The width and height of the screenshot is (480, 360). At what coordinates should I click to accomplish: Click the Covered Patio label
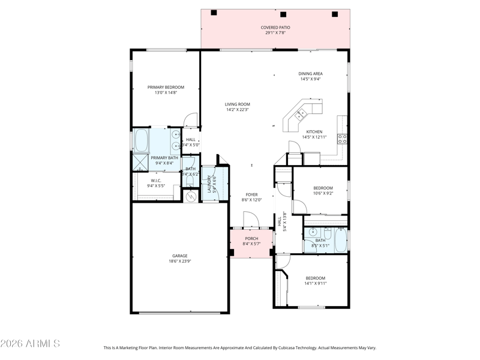point(275,28)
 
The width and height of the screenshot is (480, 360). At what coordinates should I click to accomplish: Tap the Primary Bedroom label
point(166,87)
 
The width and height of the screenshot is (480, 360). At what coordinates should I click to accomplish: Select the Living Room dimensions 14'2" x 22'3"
point(237,110)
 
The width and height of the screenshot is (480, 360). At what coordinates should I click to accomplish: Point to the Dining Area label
point(310,74)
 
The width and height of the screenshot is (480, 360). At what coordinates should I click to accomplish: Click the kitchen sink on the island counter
point(301,115)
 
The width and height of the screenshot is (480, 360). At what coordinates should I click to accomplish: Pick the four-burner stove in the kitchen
point(342,139)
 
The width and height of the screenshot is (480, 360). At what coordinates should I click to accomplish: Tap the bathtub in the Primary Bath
point(141,140)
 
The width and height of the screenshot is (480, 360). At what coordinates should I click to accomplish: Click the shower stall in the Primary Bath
point(140,163)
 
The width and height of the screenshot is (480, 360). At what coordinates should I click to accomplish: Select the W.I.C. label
point(156,181)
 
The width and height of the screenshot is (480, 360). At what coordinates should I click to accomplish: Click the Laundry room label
point(209,184)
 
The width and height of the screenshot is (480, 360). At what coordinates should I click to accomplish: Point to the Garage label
point(179,256)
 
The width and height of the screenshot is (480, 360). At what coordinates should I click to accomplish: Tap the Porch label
point(251,239)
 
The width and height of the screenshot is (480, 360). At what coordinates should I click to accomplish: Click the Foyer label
point(251,194)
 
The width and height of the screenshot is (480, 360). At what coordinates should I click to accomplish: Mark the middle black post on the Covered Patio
point(283,14)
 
